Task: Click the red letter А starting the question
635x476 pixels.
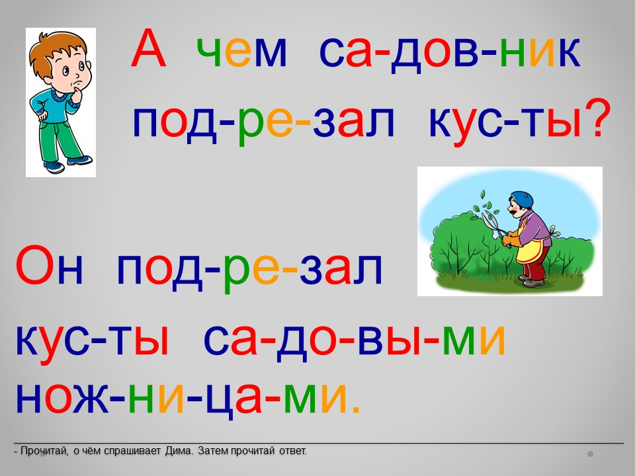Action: click(149, 48)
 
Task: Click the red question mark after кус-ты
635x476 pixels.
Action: click(596, 118)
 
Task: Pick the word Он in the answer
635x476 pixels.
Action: click(50, 264)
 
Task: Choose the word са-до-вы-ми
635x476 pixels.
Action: click(355, 339)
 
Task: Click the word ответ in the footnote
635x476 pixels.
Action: click(292, 451)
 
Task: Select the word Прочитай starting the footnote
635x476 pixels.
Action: click(44, 451)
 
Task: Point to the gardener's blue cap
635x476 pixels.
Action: click(522, 198)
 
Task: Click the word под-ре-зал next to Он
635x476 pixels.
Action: click(249, 269)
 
